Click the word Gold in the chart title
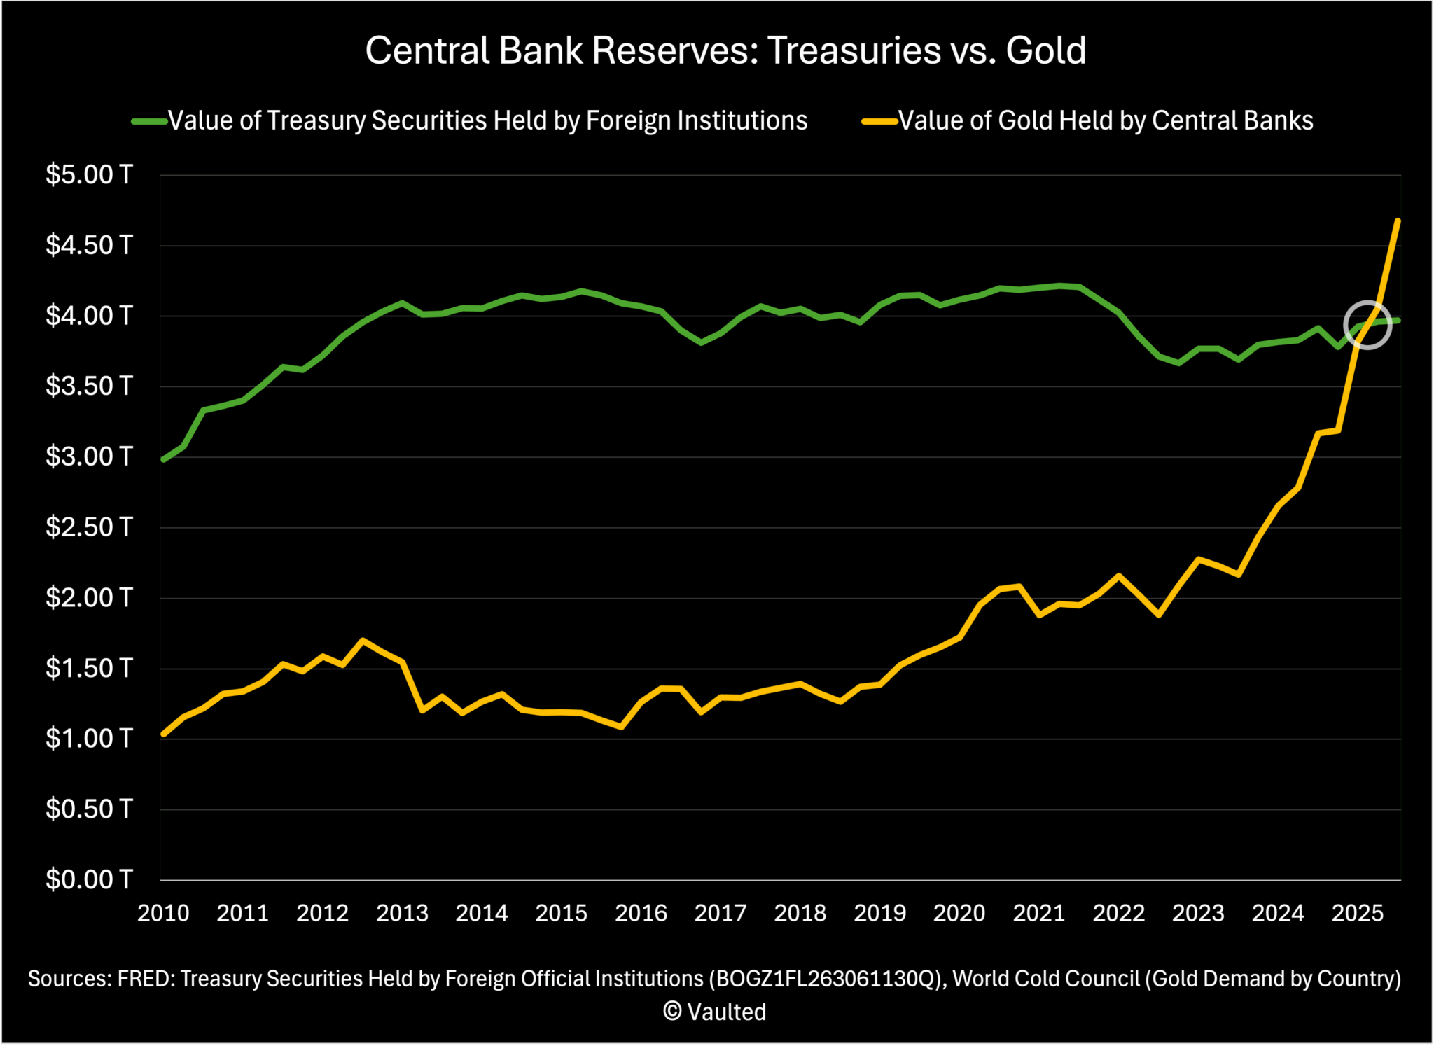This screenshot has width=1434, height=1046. [1045, 50]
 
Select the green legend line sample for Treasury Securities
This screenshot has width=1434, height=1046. [149, 121]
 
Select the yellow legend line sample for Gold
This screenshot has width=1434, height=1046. [879, 121]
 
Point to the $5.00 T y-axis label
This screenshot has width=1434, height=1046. [89, 174]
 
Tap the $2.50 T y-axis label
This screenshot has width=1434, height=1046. [89, 527]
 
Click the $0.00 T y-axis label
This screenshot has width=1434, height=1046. [89, 879]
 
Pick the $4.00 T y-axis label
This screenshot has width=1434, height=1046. [89, 316]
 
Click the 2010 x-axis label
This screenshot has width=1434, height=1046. [163, 914]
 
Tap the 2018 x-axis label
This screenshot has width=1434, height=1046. [800, 914]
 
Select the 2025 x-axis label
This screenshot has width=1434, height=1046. [1357, 914]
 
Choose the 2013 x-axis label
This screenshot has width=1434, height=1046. [402, 914]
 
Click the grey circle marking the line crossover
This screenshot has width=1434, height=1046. [1366, 325]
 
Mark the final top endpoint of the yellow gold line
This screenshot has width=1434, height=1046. [1398, 221]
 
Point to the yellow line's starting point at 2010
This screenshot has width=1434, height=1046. [164, 734]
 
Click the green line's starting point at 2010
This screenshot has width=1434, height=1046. [164, 459]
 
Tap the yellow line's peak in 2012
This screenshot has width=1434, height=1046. [362, 640]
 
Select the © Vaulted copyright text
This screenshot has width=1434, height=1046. [715, 1012]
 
